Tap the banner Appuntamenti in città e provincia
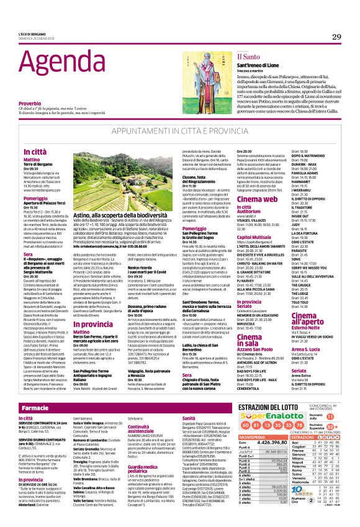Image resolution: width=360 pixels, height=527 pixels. click(180, 132)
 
